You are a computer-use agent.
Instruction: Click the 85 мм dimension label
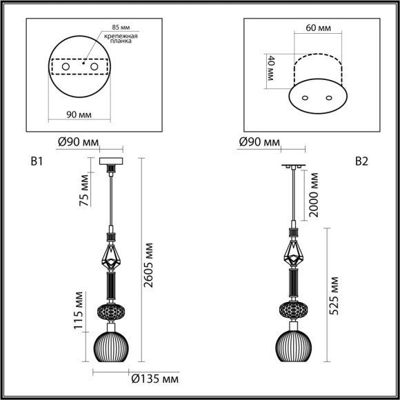point(114,28)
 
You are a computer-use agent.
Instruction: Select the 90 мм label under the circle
point(80,114)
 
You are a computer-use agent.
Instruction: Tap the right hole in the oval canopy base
point(328,97)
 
